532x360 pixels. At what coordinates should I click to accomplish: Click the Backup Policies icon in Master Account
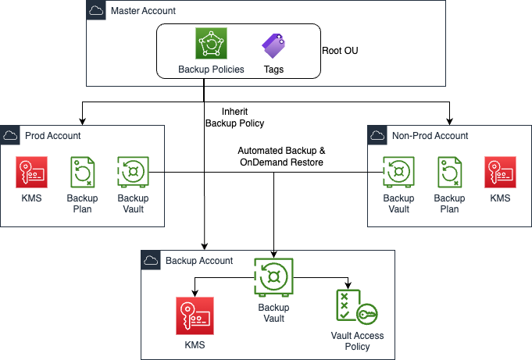211,45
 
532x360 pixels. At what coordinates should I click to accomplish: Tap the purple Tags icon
273,46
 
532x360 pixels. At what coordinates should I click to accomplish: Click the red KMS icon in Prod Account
30,173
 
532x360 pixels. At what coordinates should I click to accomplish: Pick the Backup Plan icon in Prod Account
82,173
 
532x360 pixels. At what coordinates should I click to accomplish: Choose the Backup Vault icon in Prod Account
132,173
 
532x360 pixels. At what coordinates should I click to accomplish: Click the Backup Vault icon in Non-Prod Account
398,173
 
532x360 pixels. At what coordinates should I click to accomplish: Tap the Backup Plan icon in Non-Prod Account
449,173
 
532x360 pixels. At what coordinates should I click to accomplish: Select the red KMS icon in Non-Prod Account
500,173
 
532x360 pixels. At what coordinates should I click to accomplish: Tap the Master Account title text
143,11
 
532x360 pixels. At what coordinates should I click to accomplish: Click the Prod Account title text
53,135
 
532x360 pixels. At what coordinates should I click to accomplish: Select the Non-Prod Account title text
430,135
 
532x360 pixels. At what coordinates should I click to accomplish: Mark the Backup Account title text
199,260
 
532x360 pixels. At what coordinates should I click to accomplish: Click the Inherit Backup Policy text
234,117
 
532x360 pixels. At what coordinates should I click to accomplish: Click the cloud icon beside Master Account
95,11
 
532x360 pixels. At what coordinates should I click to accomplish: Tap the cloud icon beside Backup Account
152,260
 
